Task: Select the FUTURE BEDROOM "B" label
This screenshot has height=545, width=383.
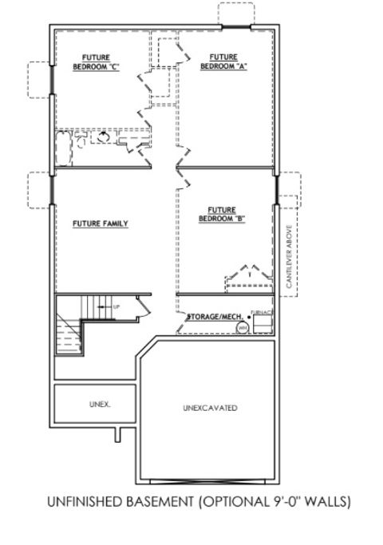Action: tap(222, 213)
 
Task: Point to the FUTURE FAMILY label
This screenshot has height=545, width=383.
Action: tap(101, 223)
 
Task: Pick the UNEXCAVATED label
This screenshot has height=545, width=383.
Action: tap(210, 408)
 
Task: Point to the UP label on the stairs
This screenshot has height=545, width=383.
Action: tap(116, 306)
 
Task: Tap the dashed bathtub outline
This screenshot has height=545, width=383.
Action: tap(64, 148)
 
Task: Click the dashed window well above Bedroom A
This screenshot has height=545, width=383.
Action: tap(238, 14)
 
